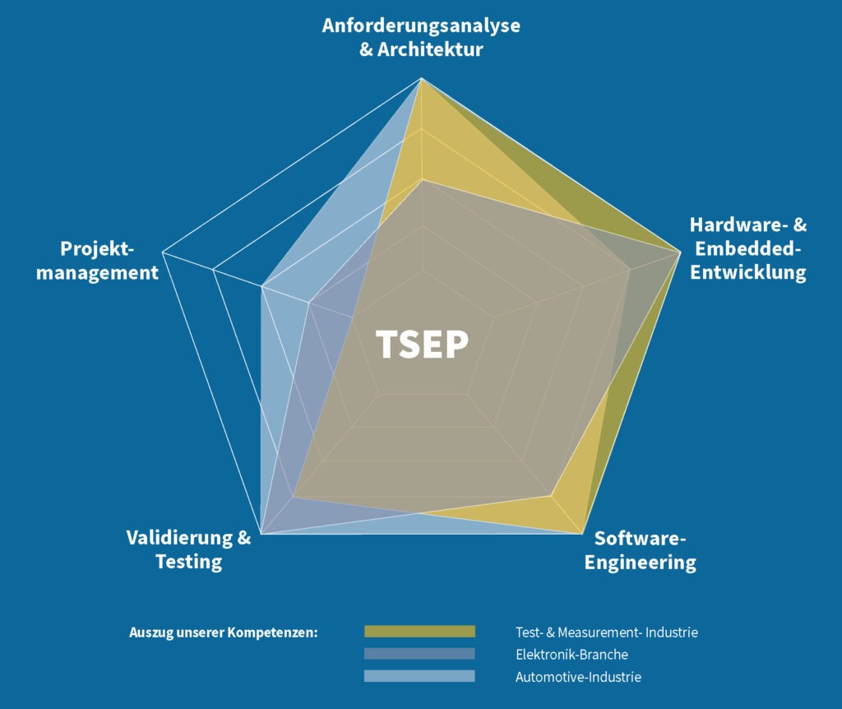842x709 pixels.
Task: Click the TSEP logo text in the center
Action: (422, 345)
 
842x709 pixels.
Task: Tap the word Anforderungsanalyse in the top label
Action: (421, 25)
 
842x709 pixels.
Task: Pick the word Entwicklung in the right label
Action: (748, 272)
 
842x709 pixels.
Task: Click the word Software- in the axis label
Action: (640, 539)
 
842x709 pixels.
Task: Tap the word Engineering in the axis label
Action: (640, 563)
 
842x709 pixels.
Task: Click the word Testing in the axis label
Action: (189, 563)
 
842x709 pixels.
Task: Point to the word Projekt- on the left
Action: (97, 248)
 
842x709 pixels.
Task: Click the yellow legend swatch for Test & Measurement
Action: (419, 632)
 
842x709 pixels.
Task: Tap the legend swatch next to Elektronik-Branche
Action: (419, 654)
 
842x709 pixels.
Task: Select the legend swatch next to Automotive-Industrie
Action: (419, 676)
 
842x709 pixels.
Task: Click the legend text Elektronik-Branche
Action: (571, 655)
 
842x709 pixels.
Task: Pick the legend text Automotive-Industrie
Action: (578, 678)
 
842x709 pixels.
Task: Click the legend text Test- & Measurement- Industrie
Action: (607, 633)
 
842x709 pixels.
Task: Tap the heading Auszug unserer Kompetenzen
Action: (224, 633)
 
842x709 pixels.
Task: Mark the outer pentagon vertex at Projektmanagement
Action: (163, 251)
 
